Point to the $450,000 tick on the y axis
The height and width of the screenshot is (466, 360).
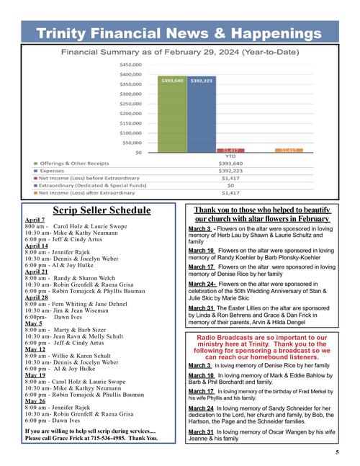(x=130, y=64)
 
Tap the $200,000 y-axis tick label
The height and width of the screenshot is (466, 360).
(x=130, y=113)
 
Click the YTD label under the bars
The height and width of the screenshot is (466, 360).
(x=231, y=156)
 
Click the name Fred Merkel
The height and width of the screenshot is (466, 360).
(x=305, y=391)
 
